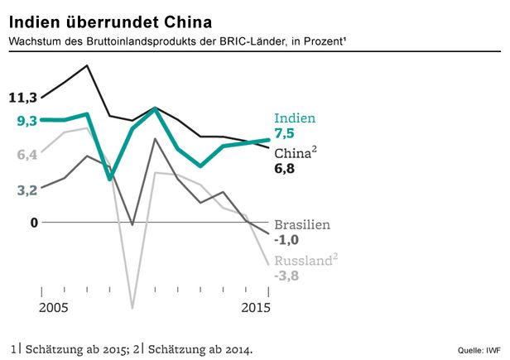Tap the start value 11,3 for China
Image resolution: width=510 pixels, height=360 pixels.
point(23,98)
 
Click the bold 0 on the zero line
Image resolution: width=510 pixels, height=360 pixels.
point(34,222)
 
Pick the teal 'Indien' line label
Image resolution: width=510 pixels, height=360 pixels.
point(295,118)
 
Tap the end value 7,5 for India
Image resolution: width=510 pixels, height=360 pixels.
point(285,133)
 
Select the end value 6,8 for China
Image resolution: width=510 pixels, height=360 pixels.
point(285,169)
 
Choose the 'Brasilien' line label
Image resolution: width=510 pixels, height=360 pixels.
point(303,225)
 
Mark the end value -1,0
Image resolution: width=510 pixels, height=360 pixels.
point(286,240)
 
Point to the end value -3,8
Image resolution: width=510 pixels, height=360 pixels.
point(286,276)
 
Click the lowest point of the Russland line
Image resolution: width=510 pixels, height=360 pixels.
point(132,308)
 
